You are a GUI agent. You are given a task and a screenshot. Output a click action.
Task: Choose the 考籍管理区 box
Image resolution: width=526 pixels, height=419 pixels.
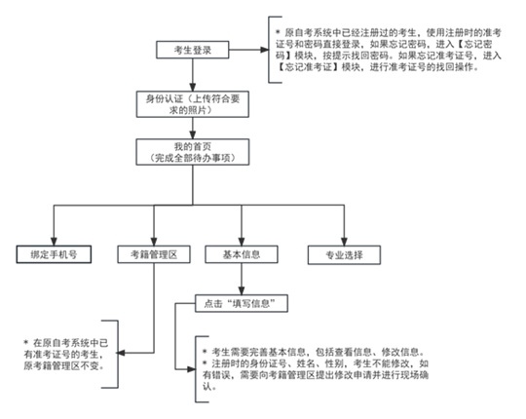point(153,253)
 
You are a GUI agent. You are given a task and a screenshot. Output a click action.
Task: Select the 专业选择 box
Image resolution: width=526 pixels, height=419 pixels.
point(336,253)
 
